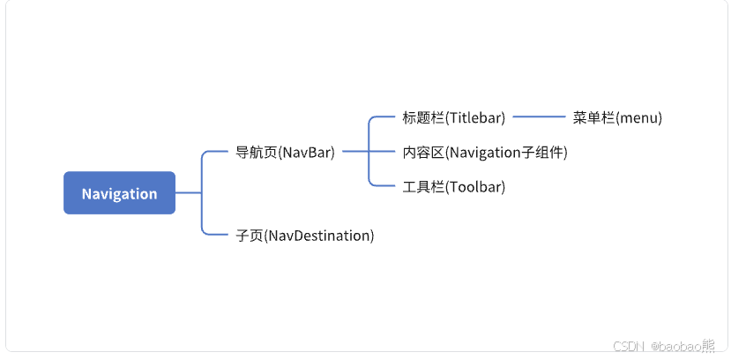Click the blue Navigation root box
tap(119, 193)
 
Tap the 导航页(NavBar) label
tap(285, 152)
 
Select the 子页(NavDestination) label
tap(305, 236)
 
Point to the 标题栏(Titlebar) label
tap(453, 117)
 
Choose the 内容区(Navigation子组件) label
tap(484, 152)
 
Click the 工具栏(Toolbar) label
tap(453, 186)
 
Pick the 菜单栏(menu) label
tap(616, 117)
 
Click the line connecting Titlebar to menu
tap(539, 116)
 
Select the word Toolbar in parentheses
tap(474, 186)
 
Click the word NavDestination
tap(319, 236)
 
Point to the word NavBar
tap(306, 152)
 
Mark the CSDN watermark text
tap(627, 346)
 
